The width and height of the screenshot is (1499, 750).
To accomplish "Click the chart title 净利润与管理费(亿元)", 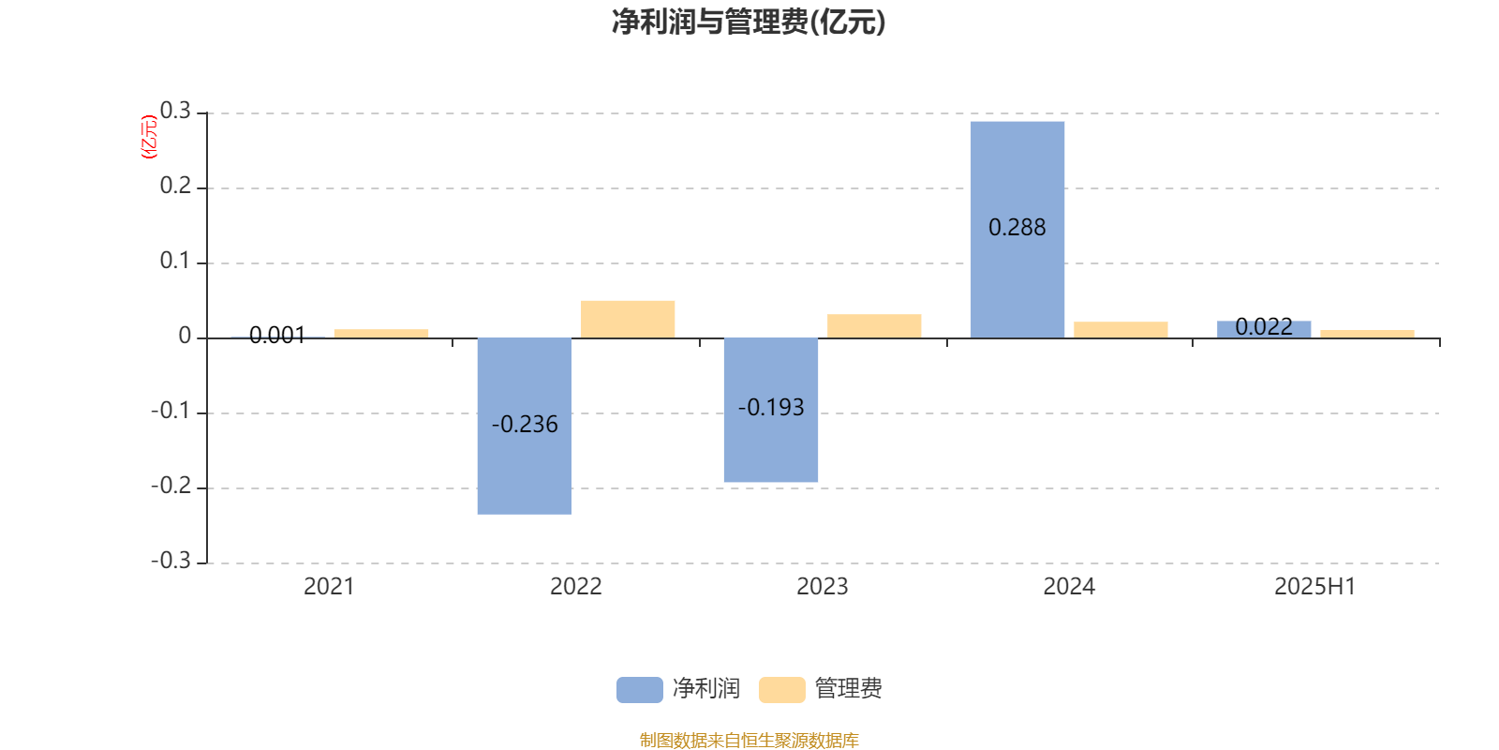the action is (749, 22).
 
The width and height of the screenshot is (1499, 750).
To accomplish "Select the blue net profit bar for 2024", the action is (1017, 230).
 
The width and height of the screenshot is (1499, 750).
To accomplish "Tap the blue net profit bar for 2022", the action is (525, 426).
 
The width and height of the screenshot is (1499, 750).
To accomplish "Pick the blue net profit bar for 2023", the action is (771, 410).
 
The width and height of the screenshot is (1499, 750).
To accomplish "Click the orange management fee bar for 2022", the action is (628, 320).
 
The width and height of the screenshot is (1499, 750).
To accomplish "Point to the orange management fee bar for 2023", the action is (874, 326).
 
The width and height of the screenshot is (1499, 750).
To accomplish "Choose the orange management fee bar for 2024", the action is (1121, 330).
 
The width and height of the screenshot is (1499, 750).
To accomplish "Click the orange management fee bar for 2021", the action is (381, 334).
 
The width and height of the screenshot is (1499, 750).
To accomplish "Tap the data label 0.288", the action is (1017, 228).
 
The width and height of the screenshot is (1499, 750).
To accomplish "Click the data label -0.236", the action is (525, 424).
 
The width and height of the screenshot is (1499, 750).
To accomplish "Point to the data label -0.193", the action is (771, 407).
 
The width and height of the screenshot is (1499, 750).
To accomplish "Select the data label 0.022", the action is (1264, 327).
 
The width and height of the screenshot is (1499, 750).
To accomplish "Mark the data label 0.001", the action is (277, 335).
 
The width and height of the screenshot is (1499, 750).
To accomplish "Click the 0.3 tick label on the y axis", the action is (175, 111).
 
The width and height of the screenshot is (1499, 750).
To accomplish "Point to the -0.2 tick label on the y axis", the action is (171, 486).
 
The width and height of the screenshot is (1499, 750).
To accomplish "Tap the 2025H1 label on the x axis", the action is (1315, 587).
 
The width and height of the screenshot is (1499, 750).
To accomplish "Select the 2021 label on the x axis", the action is (329, 587).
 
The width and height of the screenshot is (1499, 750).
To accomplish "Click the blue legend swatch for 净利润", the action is (640, 690).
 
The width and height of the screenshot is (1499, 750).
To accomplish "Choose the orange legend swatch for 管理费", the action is (782, 690).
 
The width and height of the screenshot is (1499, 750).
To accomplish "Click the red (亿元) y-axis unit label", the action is (149, 137).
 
